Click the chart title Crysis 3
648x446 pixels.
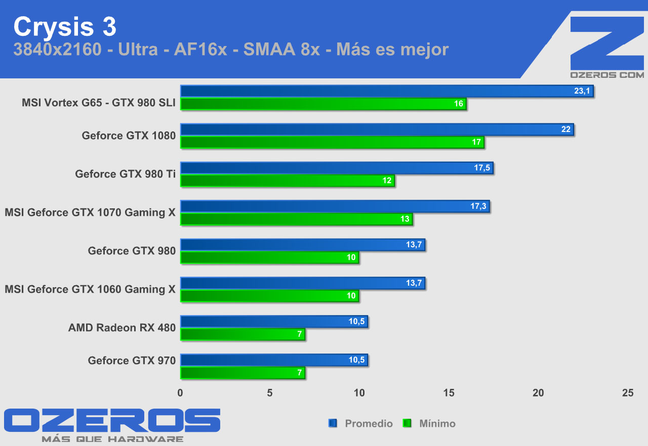(x=65, y=27)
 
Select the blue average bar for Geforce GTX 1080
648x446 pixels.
(x=377, y=129)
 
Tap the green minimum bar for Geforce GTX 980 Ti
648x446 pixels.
(x=287, y=181)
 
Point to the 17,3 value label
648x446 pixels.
(x=478, y=206)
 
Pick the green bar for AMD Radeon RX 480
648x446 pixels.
(x=242, y=334)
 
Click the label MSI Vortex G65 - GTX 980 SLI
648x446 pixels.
(x=99, y=103)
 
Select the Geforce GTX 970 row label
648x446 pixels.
(x=132, y=360)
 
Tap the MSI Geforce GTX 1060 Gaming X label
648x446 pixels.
(x=90, y=289)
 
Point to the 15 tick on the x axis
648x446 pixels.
(x=449, y=393)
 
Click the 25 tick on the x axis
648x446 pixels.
(x=627, y=393)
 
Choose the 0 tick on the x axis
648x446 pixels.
(x=180, y=393)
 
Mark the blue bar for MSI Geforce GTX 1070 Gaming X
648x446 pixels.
(x=335, y=206)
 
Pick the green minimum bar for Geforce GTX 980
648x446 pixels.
(x=269, y=257)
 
